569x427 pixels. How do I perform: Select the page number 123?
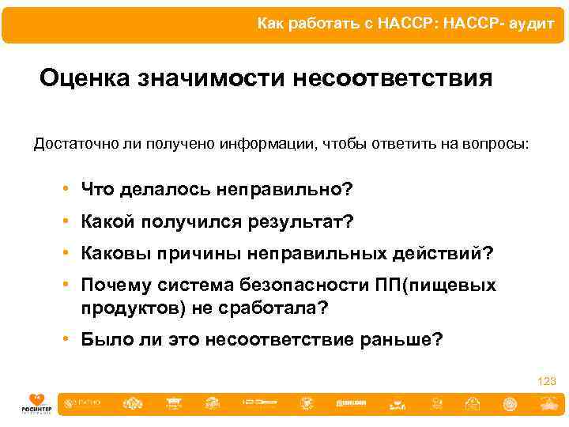(x=547, y=382)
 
